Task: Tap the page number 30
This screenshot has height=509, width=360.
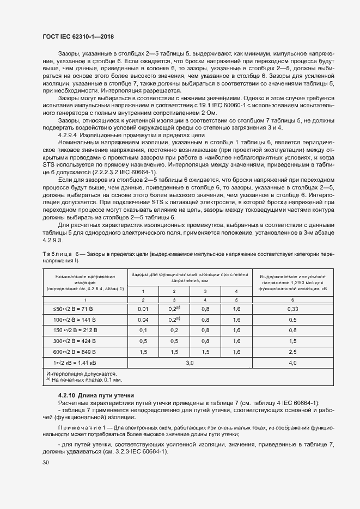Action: [45, 462]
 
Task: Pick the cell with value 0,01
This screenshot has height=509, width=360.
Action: [143, 309]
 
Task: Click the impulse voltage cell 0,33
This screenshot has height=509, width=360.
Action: [292, 309]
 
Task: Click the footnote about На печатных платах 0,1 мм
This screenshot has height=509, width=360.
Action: [84, 380]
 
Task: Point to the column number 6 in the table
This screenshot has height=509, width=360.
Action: [292, 299]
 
